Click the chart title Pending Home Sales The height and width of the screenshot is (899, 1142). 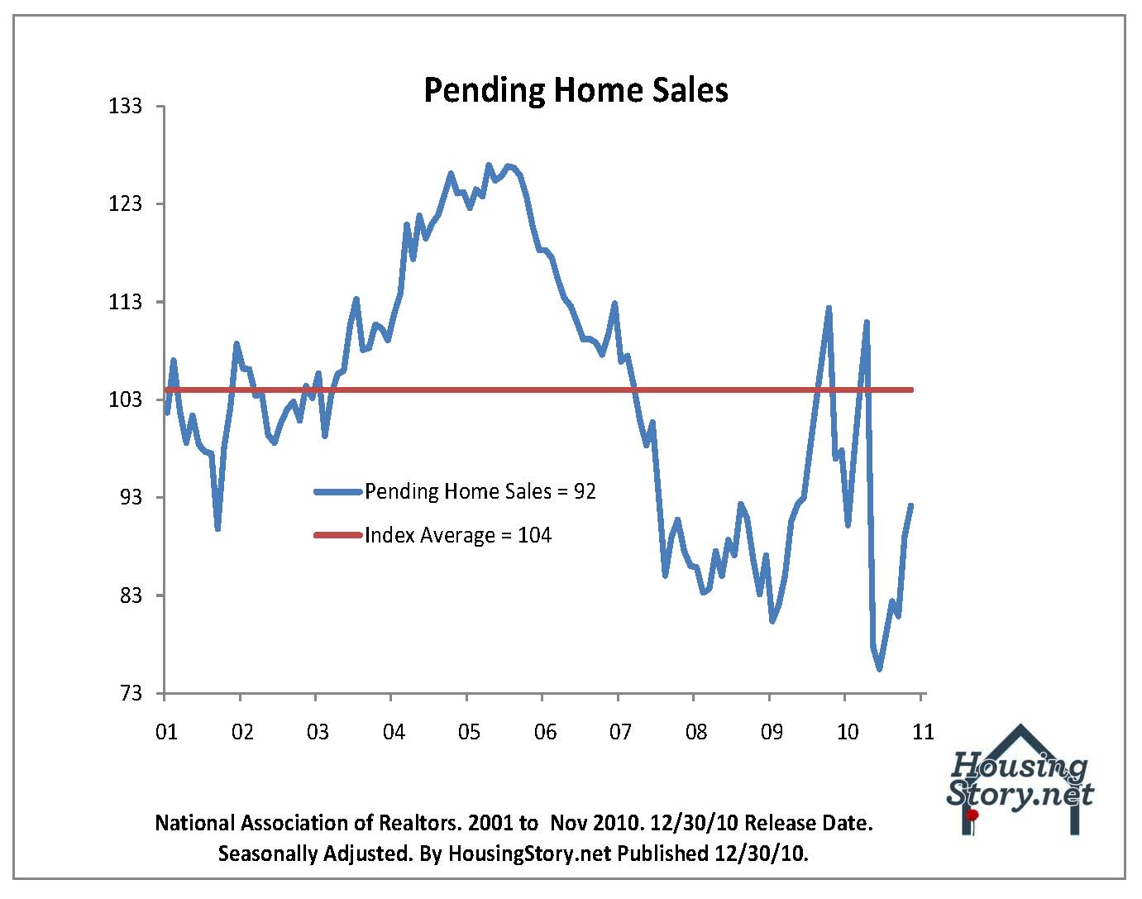[576, 89]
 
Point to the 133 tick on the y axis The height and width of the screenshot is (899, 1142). [126, 107]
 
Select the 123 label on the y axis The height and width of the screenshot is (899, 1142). [126, 204]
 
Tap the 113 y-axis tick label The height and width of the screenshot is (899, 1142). [126, 302]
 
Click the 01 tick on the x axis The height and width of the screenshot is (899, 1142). [166, 732]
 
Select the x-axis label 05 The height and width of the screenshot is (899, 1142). [469, 732]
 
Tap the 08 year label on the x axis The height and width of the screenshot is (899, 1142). [696, 732]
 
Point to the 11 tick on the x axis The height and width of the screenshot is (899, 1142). [922, 732]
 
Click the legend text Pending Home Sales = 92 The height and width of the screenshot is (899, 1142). [480, 491]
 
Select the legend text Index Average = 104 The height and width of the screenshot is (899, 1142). [458, 535]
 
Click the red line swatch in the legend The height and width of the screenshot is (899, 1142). [338, 535]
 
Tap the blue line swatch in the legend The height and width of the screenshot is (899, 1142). [338, 491]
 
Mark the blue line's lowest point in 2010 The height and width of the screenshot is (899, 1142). [880, 668]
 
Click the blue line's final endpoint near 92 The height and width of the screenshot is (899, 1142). [911, 505]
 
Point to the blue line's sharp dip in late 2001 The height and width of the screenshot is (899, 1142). [217, 528]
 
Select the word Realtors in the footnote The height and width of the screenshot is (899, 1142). [418, 824]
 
